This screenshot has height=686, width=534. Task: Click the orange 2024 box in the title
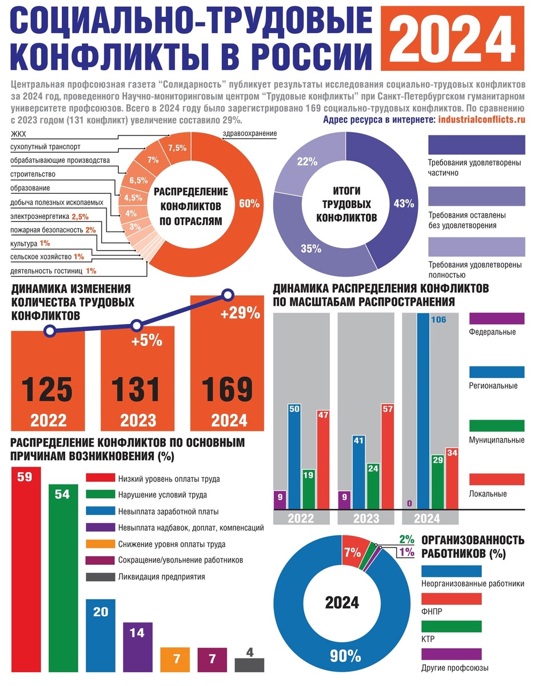coord(452,38)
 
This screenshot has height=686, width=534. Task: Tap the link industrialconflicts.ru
coord(482,119)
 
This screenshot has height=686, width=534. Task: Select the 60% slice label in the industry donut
coord(249,204)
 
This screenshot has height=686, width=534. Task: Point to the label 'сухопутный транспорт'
coord(45,147)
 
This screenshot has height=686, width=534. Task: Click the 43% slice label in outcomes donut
coord(404,204)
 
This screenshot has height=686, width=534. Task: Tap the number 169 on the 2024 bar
coord(227,389)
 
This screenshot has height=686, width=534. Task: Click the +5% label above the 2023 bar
coord(147,341)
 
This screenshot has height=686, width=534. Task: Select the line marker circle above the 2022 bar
coord(50,331)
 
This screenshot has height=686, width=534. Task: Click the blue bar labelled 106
coord(423,411)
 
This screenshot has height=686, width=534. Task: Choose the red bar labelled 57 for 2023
coord(387,456)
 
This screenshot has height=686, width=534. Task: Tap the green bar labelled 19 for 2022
coord(309,489)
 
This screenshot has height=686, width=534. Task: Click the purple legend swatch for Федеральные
coord(496,318)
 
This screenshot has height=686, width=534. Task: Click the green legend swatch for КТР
coord(451,627)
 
